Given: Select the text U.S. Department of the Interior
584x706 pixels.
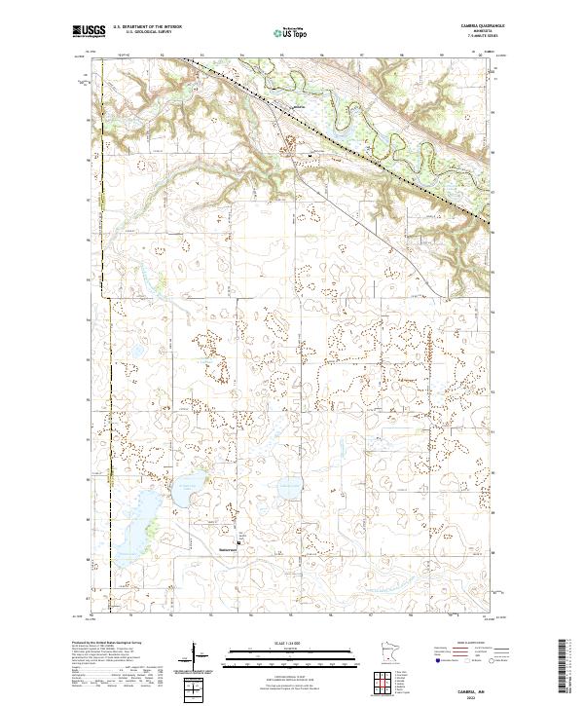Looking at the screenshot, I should point(147,27).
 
